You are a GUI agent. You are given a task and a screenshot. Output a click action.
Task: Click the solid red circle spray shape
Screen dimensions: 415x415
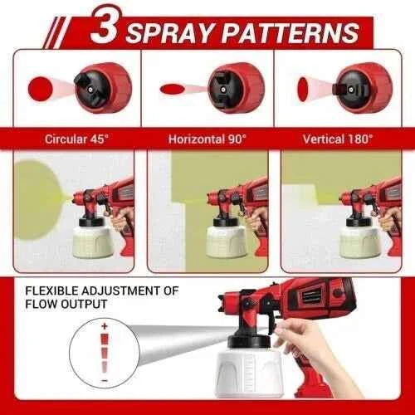coord(40,86)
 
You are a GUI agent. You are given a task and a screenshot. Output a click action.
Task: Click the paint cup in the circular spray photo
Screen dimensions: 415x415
coord(97,238)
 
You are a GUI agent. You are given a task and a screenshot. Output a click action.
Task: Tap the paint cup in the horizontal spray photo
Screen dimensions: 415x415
coord(226,238)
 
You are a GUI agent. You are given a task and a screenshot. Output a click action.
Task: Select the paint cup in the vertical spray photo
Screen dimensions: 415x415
coord(357,238)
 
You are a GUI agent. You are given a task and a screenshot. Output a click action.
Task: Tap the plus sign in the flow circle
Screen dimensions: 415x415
coord(105,328)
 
